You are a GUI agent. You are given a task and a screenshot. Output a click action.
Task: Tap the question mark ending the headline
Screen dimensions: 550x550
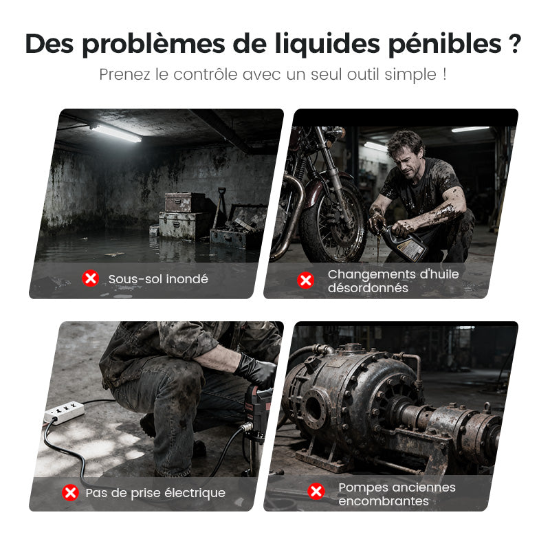tap(514, 43)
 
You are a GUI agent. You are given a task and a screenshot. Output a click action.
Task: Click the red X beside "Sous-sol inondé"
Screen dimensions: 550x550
tap(90, 278)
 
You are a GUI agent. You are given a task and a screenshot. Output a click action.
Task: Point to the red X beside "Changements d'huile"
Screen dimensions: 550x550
tap(306, 280)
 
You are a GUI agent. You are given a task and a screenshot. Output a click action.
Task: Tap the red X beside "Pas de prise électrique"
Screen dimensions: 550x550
tap(70, 492)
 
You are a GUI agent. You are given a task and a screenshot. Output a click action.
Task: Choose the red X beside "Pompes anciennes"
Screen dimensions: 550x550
tap(316, 491)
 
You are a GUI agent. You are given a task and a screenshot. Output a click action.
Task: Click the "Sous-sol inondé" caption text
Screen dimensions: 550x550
tap(158, 279)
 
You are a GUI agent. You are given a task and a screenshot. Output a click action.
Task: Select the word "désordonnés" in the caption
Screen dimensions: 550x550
tap(368, 288)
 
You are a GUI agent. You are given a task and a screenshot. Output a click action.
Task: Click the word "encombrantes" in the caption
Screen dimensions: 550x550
tap(384, 501)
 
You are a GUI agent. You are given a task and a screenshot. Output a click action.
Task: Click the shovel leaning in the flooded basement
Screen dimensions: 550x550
tap(220, 206)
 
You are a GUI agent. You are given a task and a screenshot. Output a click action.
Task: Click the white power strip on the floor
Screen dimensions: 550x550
tap(64, 410)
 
